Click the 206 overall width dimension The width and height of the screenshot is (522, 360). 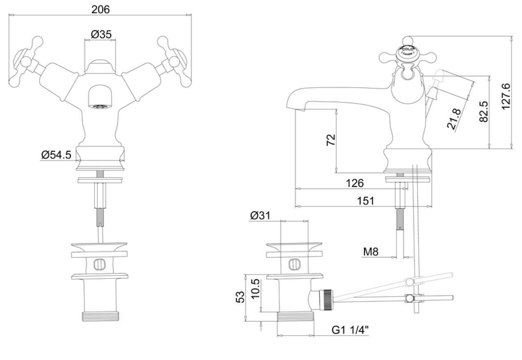coord(101,9)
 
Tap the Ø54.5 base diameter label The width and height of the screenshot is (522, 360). coord(56,155)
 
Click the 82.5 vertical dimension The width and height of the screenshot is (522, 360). coord(483,112)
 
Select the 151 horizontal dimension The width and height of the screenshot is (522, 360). coord(366,200)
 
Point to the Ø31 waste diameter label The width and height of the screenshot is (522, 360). coord(260,216)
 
